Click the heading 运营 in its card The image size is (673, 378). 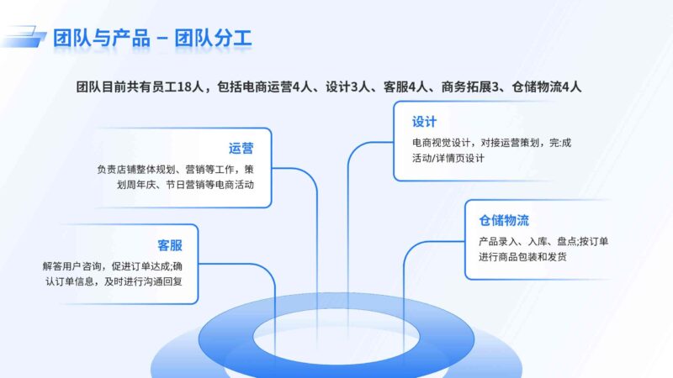241,149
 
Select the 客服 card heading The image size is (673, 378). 170,245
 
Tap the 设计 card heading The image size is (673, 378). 424,122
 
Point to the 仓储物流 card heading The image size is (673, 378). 504,221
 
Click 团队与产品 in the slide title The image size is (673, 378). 102,39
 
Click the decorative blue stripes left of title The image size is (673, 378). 24,36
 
